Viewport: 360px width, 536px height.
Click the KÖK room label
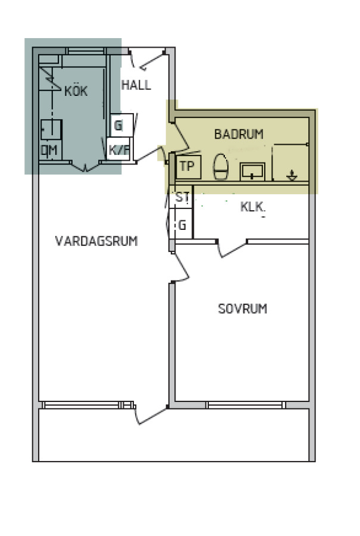pos(76,91)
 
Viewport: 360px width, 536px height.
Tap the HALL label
pos(136,85)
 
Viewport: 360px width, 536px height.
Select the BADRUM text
pos(239,134)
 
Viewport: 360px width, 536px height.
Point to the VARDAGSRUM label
pos(96,241)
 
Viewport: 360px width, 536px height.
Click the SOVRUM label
pos(243,308)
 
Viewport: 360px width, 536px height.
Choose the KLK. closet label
pos(253,207)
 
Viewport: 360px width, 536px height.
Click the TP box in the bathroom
pos(188,167)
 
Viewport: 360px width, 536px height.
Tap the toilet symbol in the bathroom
pos(220,167)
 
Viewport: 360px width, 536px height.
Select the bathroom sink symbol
pos(252,172)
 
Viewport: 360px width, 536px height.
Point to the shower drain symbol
pos(292,175)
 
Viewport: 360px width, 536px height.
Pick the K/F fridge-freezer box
pos(118,149)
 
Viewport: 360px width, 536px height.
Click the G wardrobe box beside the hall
pos(122,126)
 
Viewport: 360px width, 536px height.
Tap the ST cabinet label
pos(183,197)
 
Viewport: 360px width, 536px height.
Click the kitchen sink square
pos(51,130)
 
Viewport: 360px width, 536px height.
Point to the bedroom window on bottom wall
pos(246,405)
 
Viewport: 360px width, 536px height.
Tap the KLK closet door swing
pos(231,249)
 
